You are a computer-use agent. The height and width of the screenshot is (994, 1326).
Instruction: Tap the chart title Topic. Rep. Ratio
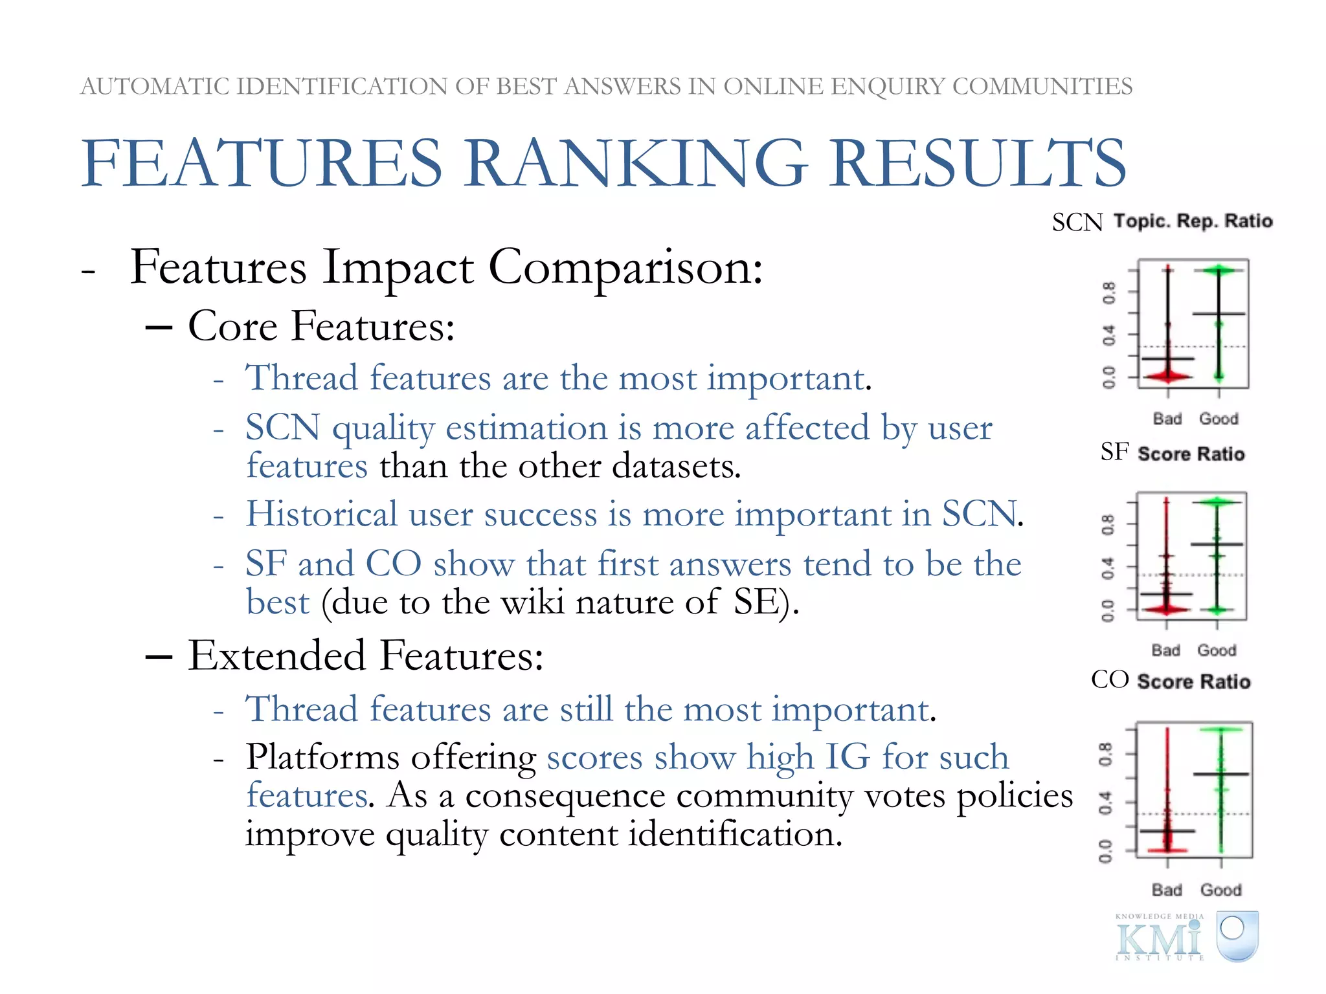[x=1193, y=221]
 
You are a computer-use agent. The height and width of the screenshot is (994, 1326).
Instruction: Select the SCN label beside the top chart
[x=1077, y=223]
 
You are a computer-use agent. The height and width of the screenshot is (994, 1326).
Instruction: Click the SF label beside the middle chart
[x=1114, y=452]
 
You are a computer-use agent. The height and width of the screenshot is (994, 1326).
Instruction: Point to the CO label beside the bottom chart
[x=1110, y=679]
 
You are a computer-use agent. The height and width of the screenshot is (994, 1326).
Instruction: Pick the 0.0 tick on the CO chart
[x=1105, y=851]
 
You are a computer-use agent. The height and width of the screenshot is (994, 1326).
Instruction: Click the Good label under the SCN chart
[x=1219, y=419]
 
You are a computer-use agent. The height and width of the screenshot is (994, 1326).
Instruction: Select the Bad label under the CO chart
[x=1167, y=890]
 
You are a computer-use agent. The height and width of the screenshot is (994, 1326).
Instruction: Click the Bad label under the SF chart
[x=1165, y=650]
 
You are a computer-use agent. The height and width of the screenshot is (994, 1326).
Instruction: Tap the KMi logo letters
[x=1159, y=938]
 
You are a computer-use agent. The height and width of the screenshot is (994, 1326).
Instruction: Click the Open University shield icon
[x=1237, y=935]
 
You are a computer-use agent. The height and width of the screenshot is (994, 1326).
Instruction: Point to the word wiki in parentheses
[x=532, y=602]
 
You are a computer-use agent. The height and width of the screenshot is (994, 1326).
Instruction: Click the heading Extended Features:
[x=366, y=656]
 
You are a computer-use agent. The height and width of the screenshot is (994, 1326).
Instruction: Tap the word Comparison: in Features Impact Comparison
[x=625, y=267]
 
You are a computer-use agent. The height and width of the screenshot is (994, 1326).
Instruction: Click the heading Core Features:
[x=321, y=326]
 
